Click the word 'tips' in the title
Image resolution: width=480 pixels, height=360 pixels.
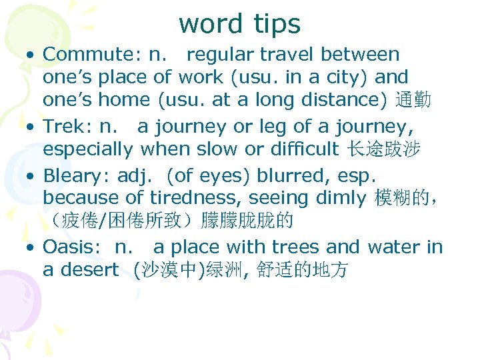(x=277, y=24)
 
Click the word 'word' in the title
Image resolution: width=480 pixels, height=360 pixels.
(x=211, y=24)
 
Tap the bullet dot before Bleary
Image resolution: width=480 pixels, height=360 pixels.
(x=31, y=176)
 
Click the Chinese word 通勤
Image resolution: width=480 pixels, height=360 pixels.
(x=413, y=101)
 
